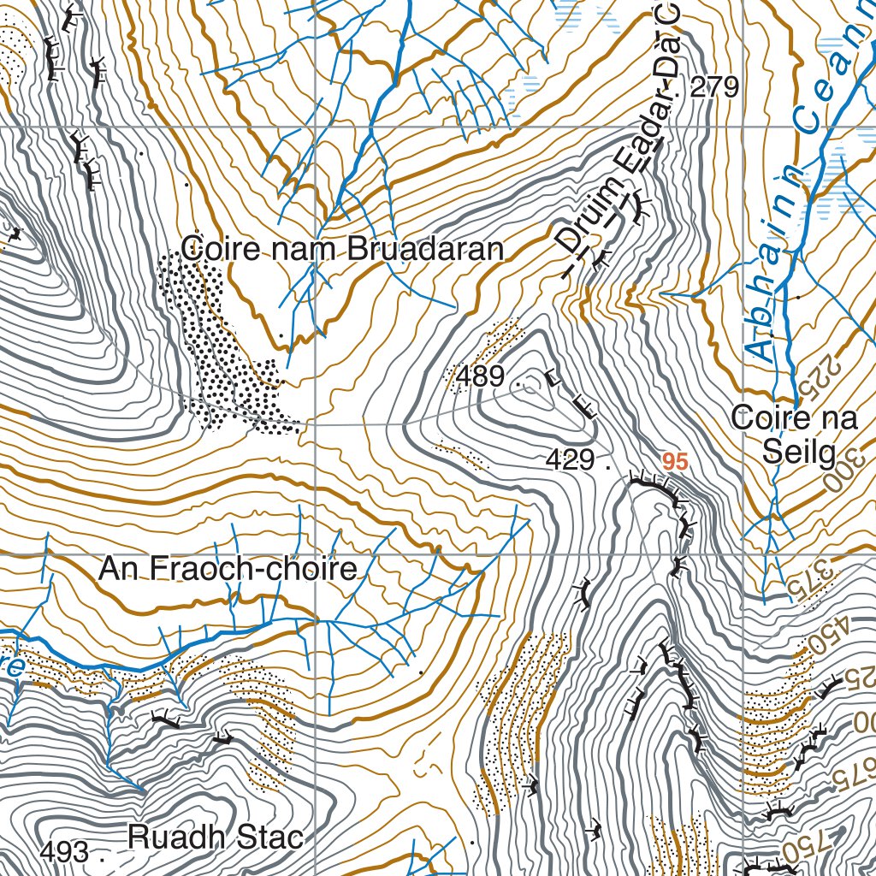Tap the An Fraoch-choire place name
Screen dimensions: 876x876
pos(228,569)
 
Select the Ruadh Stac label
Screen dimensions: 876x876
pos(216,837)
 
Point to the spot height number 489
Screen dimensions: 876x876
pos(480,376)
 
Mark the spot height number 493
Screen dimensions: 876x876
pos(64,852)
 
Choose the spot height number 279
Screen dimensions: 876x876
pos(713,86)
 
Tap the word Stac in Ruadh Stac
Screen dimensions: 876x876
pos(267,837)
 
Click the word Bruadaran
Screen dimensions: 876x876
pos(425,249)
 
